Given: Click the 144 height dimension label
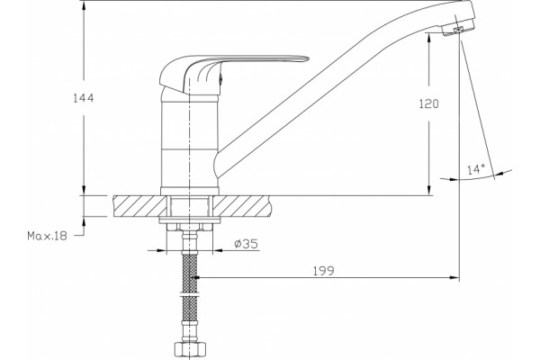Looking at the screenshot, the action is coord(84,98).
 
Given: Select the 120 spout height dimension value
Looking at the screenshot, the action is coord(428,103).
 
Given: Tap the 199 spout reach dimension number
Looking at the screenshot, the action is coord(324,271).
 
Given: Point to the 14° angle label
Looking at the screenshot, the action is coord(476,169).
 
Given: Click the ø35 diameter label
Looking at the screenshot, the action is coord(246,244).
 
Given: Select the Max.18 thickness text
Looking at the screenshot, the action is coord(47,236).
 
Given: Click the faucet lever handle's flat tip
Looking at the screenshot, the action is coord(303,59).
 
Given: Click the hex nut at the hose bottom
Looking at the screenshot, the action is coord(189,351).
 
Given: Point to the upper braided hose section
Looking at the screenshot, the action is coord(189,272).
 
